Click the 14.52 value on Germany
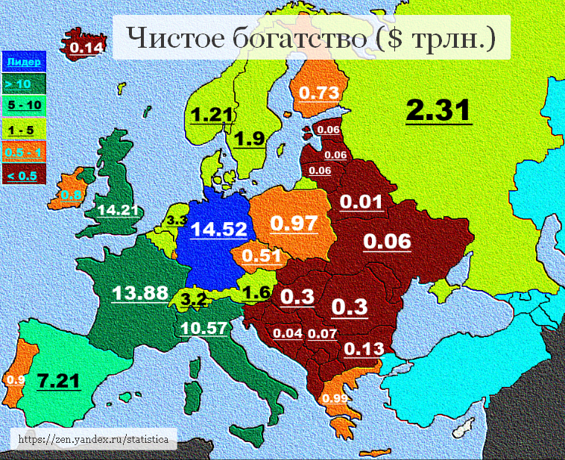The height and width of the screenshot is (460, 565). coord(218,229)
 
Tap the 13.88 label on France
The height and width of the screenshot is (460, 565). coord(140,293)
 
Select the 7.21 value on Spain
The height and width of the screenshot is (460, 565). coord(58,381)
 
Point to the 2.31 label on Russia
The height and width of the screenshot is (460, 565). coord(438,111)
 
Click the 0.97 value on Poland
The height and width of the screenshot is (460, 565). coord(294,223)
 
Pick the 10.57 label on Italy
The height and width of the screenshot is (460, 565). coord(205,327)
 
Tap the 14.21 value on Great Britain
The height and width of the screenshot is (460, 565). coord(119,210)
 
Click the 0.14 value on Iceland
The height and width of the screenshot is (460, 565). coord(86,48)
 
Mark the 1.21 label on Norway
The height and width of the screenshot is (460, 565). coord(212,116)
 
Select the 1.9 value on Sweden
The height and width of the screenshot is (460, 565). coord(250,139)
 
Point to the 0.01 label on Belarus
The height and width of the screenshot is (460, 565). coord(362,202)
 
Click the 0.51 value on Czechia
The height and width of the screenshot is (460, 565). coord(261,256)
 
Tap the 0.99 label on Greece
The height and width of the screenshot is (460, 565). coord(336,398)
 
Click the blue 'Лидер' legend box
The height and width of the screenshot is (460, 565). coord(24,62)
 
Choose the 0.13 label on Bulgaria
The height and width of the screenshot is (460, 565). coord(363,349)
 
